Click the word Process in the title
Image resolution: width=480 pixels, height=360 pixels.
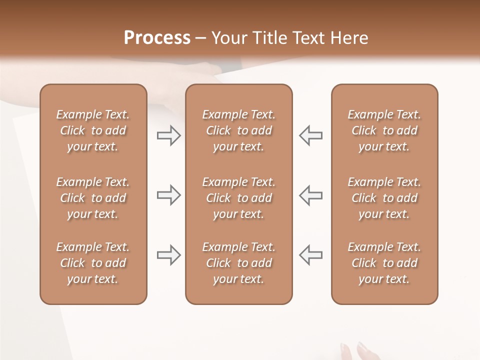coord(157,38)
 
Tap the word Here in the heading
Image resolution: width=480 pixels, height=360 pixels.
coord(349,38)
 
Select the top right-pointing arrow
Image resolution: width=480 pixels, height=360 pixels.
coord(168,135)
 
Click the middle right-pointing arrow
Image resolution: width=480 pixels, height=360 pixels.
coord(168,195)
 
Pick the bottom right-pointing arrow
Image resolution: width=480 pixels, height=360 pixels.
coord(168,255)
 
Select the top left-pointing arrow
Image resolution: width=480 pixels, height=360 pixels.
coord(310,135)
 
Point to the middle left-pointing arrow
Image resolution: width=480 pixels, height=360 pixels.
coord(310,195)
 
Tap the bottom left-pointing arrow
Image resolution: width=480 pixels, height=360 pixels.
coord(310,255)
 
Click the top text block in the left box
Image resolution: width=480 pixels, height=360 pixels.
coord(93,130)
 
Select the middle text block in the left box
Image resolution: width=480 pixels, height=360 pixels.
coord(93,198)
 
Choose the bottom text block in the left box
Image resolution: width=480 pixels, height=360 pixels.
coord(93,263)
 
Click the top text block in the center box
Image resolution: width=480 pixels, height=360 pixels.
coord(238,130)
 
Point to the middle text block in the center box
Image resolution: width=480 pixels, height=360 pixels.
coord(238,198)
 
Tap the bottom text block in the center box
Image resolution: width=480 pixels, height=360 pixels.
coord(238,263)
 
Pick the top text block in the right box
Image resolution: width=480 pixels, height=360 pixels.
coord(384,130)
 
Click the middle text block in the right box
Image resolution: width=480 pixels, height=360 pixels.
coord(384,198)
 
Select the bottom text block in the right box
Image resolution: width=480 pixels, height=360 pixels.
coord(384,263)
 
